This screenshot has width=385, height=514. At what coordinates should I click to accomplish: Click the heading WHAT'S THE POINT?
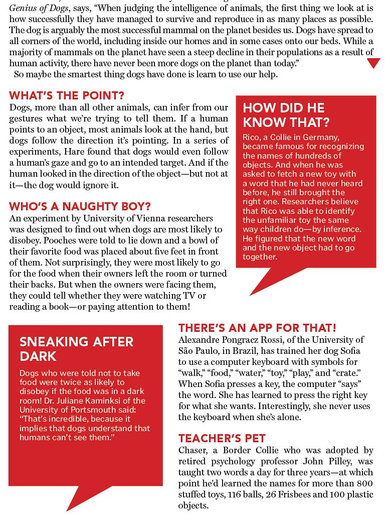click(67, 95)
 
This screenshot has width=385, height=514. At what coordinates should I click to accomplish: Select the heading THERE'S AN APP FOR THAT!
click(257, 328)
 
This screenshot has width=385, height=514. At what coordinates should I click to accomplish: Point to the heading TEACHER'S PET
click(222, 438)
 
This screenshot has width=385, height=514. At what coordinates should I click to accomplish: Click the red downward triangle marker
click(373, 63)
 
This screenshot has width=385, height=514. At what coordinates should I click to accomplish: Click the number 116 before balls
click(235, 494)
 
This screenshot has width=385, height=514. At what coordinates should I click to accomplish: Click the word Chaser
click(194, 450)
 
